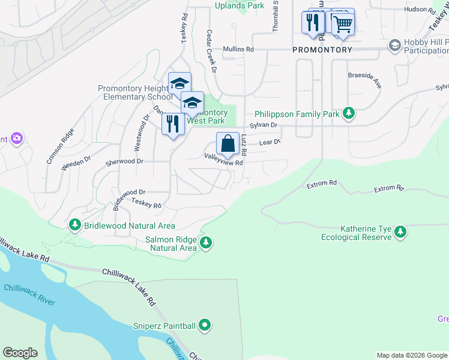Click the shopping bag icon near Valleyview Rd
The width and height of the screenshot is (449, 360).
pos(228,145)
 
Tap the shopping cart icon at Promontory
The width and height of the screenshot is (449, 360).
pos(342,24)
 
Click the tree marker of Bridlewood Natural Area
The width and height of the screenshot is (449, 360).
pos(75,226)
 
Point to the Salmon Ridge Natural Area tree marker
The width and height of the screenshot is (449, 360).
pos(206,242)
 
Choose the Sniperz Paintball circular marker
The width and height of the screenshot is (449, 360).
pos(205,326)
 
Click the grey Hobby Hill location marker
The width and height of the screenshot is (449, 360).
pos(394,46)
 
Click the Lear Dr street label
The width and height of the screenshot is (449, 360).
pos(270,142)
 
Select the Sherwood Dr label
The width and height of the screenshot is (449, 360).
pos(124,161)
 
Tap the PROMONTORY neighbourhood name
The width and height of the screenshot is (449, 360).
pos(322,49)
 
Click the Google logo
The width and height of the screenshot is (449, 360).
pos(20,353)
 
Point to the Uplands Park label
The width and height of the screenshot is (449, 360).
pos(240,5)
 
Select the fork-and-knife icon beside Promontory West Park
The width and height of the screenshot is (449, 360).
pos(172,124)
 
